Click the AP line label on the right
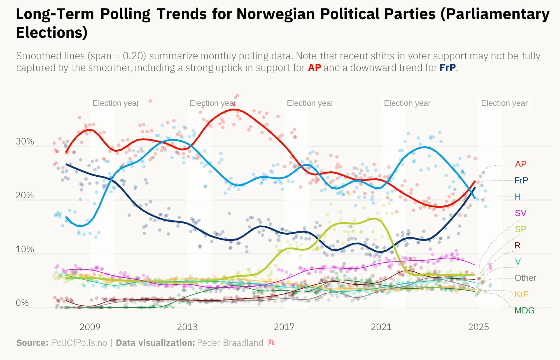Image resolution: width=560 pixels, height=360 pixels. pyautogui.click(x=521, y=164)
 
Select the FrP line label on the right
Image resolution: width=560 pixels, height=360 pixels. pyautogui.click(x=521, y=181)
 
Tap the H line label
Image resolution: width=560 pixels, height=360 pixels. pyautogui.click(x=517, y=197)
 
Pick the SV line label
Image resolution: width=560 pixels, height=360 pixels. pyautogui.click(x=521, y=213)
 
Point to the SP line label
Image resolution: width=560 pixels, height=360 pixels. pyautogui.click(x=521, y=229)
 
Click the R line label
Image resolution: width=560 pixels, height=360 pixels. pyautogui.click(x=517, y=246)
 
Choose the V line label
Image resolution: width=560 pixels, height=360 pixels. pyautogui.click(x=518, y=262)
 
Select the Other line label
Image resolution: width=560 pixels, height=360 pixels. pyautogui.click(x=525, y=278)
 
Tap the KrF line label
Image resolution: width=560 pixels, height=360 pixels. pyautogui.click(x=521, y=294)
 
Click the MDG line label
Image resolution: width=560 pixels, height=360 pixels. pyautogui.click(x=524, y=310)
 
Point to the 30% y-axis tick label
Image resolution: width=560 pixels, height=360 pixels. pyautogui.click(x=25, y=142)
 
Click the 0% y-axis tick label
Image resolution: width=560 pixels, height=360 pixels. pyautogui.click(x=22, y=303)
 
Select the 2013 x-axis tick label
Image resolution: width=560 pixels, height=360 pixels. pyautogui.click(x=187, y=327)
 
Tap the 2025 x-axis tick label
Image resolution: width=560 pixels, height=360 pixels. pyautogui.click(x=479, y=327)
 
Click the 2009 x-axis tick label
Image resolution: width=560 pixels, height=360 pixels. pyautogui.click(x=90, y=327)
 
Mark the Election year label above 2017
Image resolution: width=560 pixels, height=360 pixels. pyautogui.click(x=310, y=103)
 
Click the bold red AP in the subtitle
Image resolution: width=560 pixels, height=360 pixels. pyautogui.click(x=314, y=68)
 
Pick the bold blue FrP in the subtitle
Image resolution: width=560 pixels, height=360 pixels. pyautogui.click(x=447, y=68)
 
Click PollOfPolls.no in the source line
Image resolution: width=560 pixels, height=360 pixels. pyautogui.click(x=80, y=343)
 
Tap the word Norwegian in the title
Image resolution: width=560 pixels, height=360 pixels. pyautogui.click(x=276, y=14)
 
